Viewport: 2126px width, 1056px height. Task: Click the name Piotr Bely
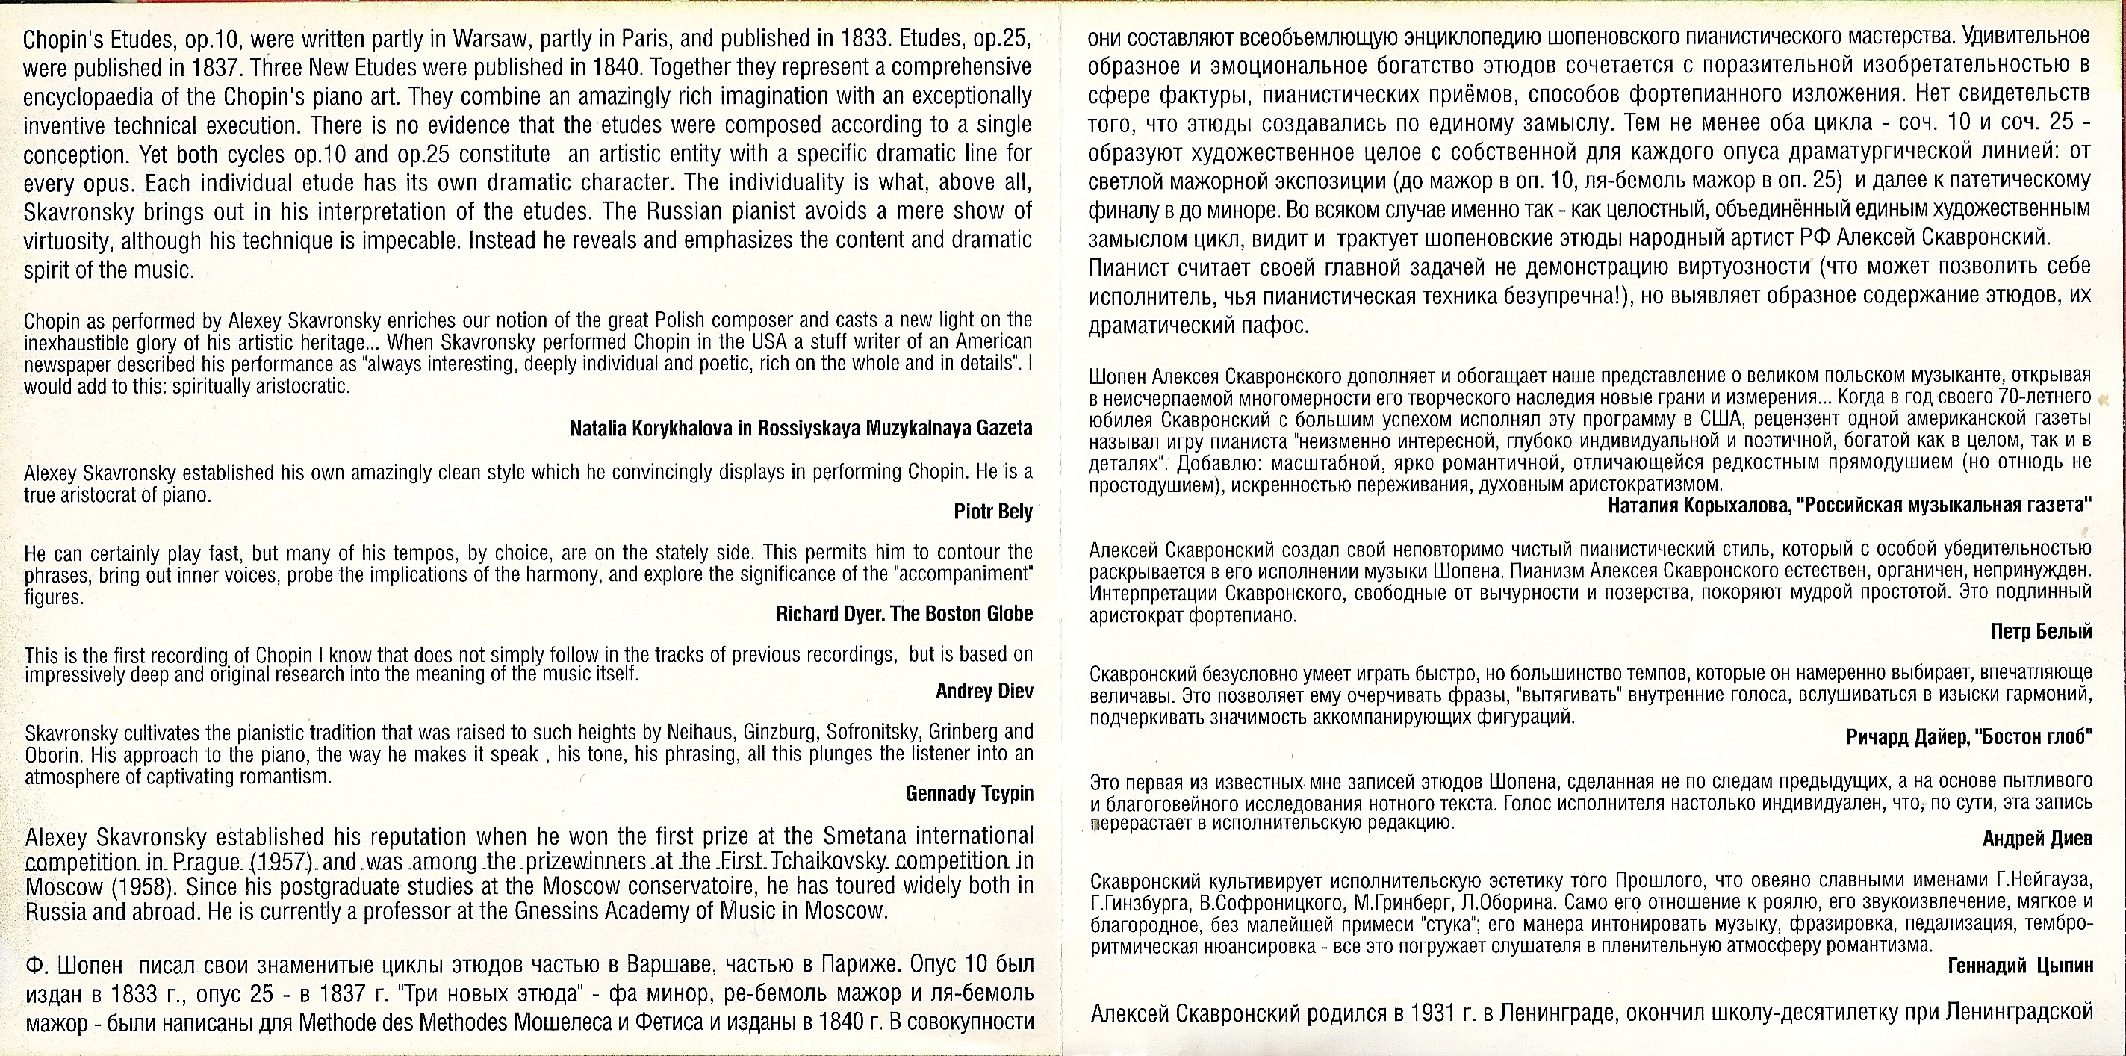click(x=993, y=512)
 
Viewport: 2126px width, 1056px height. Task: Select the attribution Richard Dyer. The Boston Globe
click(x=904, y=613)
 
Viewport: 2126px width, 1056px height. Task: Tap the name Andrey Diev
click(x=983, y=691)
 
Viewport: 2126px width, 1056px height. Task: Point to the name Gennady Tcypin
click(x=969, y=793)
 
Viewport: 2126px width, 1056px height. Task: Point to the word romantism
click(x=285, y=777)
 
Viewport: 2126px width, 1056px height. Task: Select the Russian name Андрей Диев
click(x=2037, y=839)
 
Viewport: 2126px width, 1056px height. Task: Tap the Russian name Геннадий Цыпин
click(x=2019, y=966)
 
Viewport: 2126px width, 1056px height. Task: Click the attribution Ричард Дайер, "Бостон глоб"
click(x=1968, y=737)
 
